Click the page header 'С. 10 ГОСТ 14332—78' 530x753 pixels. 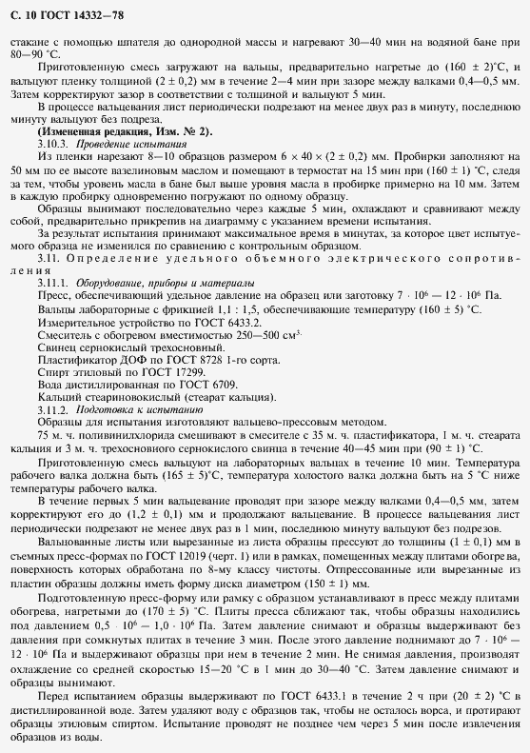(x=66, y=14)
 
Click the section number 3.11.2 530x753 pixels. (x=56, y=407)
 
